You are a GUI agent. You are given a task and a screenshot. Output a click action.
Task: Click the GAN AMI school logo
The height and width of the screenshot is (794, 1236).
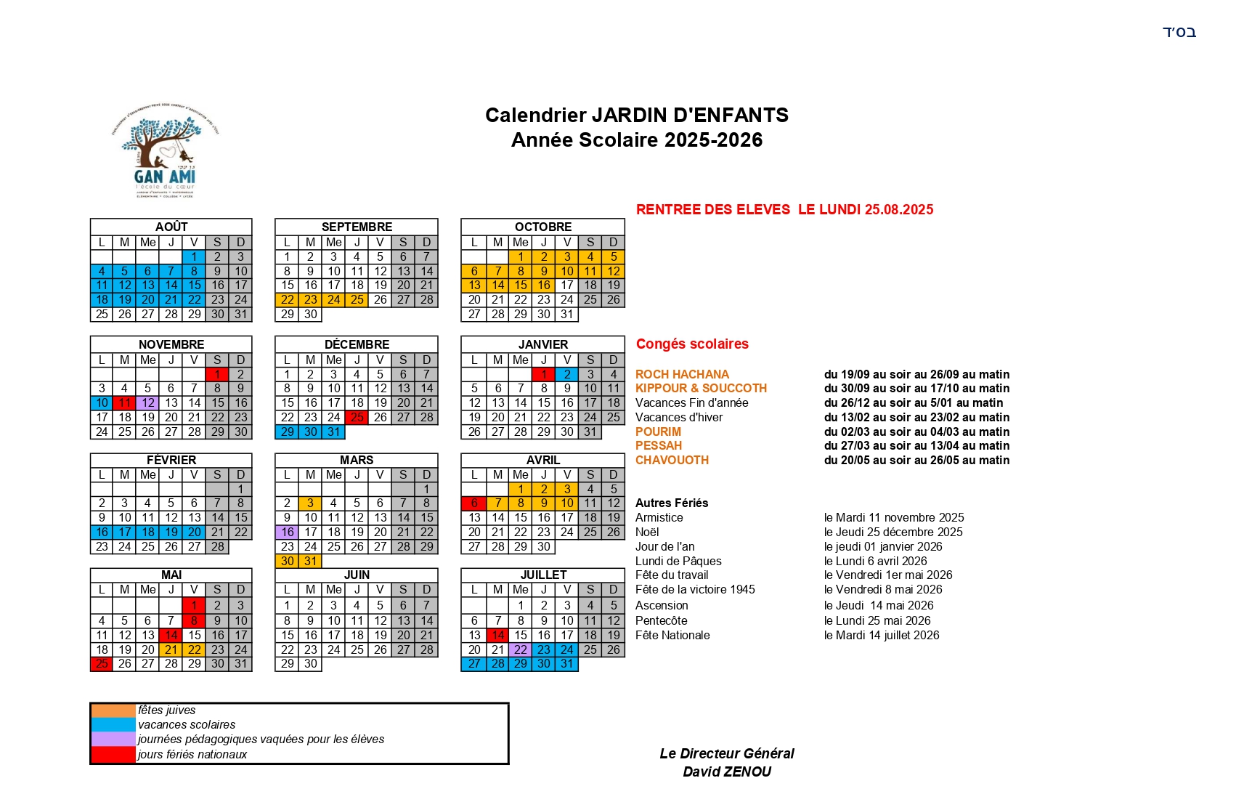click(x=165, y=151)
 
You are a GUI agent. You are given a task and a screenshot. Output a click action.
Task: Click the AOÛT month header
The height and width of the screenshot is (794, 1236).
click(x=171, y=227)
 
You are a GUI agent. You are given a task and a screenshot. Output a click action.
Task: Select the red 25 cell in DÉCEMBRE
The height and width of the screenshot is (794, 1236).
click(x=357, y=417)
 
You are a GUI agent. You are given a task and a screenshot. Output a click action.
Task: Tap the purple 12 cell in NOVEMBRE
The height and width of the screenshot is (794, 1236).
click(x=148, y=402)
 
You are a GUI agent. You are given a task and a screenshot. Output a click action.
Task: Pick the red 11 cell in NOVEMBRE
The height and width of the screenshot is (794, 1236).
click(x=125, y=402)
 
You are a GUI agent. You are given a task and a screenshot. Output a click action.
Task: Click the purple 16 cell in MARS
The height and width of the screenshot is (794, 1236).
click(x=287, y=532)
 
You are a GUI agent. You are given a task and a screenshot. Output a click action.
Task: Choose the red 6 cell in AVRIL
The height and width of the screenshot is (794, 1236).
click(x=474, y=503)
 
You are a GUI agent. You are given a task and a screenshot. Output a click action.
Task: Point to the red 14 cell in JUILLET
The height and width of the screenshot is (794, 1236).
click(x=497, y=635)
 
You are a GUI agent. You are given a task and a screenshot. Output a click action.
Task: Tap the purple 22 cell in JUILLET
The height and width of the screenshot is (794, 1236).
click(x=521, y=649)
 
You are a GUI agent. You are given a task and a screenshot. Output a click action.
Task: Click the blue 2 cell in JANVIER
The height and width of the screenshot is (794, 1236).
click(x=567, y=374)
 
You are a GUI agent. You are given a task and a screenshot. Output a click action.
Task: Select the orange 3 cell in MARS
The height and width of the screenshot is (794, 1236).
click(x=310, y=503)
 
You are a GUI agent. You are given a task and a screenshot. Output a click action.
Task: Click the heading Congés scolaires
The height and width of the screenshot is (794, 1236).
click(x=692, y=344)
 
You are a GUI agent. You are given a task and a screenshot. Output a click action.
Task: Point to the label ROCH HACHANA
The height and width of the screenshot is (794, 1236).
click(x=682, y=374)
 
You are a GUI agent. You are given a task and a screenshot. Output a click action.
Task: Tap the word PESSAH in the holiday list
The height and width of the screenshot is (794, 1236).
click(x=659, y=445)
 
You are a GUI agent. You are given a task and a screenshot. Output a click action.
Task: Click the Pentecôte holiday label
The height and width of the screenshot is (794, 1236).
click(x=661, y=620)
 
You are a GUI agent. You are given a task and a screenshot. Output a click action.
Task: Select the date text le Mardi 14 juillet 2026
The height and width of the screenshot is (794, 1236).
click(x=882, y=635)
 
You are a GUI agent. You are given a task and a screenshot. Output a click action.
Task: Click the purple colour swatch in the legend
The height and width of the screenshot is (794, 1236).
click(x=113, y=739)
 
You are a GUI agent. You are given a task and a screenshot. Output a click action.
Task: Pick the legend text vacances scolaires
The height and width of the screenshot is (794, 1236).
click(x=187, y=724)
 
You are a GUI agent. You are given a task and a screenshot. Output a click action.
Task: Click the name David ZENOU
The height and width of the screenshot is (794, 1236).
click(x=727, y=771)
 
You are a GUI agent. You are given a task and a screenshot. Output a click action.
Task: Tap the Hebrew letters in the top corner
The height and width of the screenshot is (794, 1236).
click(x=1179, y=32)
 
